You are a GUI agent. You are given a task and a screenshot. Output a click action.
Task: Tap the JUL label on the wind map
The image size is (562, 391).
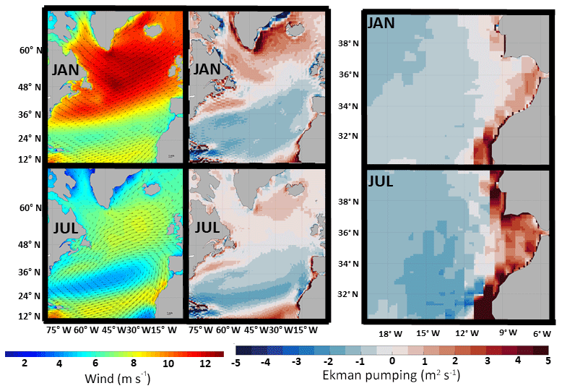66,230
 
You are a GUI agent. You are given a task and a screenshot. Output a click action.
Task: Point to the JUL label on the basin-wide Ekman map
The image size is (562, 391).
208,228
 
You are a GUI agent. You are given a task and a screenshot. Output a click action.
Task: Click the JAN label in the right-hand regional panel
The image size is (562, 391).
381,22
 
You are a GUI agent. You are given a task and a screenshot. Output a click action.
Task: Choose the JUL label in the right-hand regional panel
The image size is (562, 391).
380,181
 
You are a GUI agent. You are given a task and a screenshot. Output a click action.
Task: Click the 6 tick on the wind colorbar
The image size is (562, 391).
95,364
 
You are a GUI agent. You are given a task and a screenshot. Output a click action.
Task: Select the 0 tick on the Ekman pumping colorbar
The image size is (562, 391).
392,361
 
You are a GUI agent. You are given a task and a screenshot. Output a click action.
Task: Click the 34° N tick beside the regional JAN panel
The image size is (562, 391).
350,107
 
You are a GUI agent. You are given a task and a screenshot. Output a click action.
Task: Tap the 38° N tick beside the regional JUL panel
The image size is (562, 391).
350,202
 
